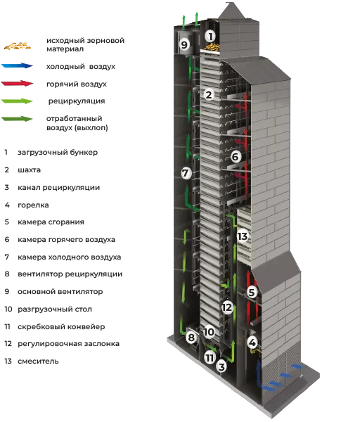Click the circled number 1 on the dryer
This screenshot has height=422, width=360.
point(210,36)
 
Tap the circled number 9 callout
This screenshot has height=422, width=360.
point(184,44)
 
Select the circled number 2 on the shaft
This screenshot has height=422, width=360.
point(209,95)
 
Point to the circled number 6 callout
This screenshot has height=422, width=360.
point(235,156)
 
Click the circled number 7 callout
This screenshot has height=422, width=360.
point(186,173)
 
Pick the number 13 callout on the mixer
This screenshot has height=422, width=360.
point(243,236)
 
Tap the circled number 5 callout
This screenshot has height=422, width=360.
point(252,292)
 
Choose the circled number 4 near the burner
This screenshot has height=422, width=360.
point(252,343)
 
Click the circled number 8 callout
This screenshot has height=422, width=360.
point(191,337)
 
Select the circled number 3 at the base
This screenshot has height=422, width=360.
point(221,366)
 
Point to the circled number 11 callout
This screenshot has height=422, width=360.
point(210,358)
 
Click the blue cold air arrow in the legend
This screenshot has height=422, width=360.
point(17,65)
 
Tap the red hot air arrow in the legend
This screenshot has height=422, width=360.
point(17,84)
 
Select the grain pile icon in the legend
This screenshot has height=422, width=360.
point(17,46)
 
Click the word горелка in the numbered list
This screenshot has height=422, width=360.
point(33,205)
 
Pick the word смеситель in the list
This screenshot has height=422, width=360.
point(38,362)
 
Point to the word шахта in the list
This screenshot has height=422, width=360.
point(29,170)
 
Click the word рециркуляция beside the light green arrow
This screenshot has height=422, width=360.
point(77,101)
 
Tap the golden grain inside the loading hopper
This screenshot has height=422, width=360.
point(212,47)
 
